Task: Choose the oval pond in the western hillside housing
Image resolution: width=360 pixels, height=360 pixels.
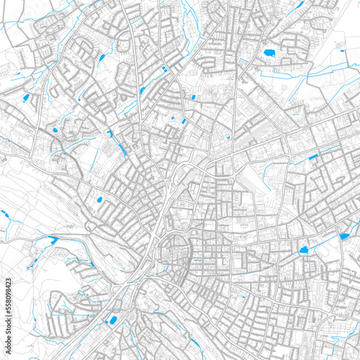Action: point(99,200)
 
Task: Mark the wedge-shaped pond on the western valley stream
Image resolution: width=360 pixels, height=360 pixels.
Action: point(51,240)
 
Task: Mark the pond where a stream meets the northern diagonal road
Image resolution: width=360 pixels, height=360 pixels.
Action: point(165,69)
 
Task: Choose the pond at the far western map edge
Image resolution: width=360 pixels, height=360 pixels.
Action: point(4,215)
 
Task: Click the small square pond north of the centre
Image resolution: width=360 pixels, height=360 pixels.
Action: point(193,96)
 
